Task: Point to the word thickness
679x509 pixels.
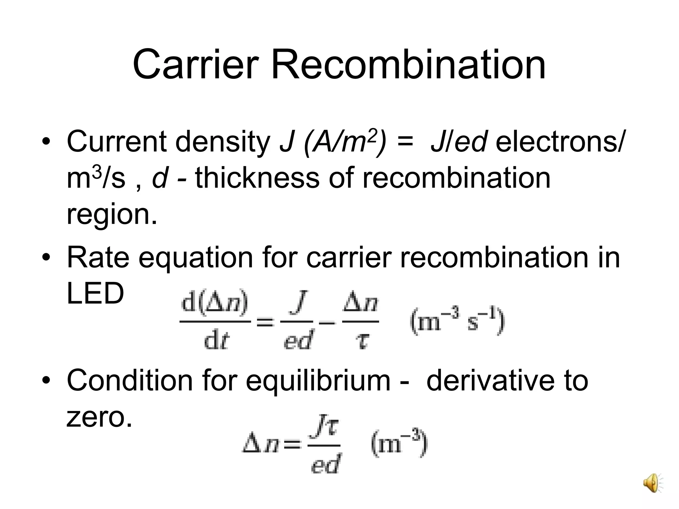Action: click(x=257, y=178)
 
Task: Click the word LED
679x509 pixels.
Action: click(x=95, y=294)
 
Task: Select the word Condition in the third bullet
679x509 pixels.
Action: click(x=129, y=380)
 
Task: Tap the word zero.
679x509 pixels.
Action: click(x=99, y=417)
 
